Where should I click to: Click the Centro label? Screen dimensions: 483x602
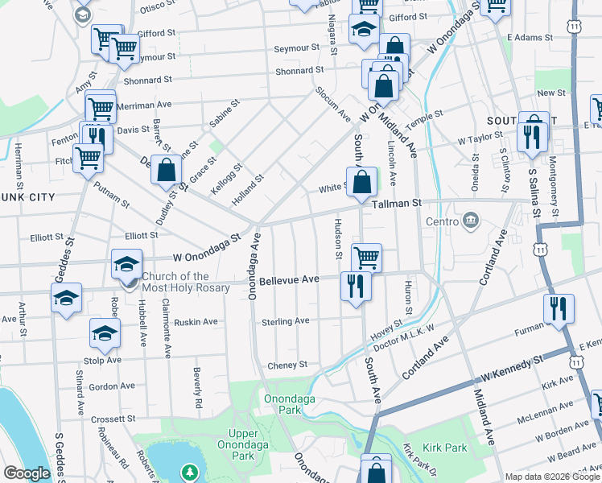point(442,221)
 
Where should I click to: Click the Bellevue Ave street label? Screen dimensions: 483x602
point(289,279)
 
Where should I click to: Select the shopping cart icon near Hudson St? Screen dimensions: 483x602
point(366,258)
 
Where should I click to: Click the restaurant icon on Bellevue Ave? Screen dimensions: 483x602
point(355,285)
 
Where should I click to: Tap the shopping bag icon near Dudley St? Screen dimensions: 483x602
point(167,171)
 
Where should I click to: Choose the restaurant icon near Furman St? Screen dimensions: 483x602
point(559,308)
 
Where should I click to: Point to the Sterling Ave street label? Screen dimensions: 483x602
point(285,322)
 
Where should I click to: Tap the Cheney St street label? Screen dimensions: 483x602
point(287,365)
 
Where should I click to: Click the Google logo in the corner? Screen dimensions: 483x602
point(27,473)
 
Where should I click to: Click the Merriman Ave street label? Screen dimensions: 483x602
point(144,105)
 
